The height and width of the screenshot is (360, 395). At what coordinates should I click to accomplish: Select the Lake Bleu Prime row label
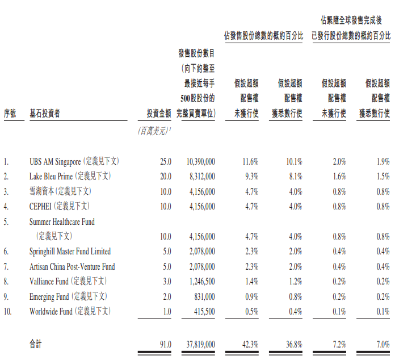coord(51,177)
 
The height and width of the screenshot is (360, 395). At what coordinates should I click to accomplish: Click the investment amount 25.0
coord(165,162)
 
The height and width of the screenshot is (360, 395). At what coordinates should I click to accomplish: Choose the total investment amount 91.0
coord(165,344)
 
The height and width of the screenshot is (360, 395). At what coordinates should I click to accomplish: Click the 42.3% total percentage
coord(250,344)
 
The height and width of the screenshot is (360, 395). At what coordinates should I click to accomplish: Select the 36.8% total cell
coord(293,344)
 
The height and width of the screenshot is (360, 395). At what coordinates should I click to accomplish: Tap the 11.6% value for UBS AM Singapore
coord(250,162)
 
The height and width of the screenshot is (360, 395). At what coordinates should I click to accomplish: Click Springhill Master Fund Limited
coord(70,251)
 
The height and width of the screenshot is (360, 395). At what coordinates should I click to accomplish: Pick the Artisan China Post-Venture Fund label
coord(72,266)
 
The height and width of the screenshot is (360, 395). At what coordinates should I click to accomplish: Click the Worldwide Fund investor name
coord(51,311)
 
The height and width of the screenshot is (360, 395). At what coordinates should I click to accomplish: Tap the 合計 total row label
coord(36,344)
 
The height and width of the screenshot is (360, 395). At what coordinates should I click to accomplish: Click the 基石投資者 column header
coord(44,113)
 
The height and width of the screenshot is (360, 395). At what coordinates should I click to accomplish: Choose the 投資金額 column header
coord(156,113)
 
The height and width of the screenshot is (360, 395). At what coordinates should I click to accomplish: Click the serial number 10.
coord(7,311)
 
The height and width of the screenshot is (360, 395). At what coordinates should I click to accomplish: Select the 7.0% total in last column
coord(382,344)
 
